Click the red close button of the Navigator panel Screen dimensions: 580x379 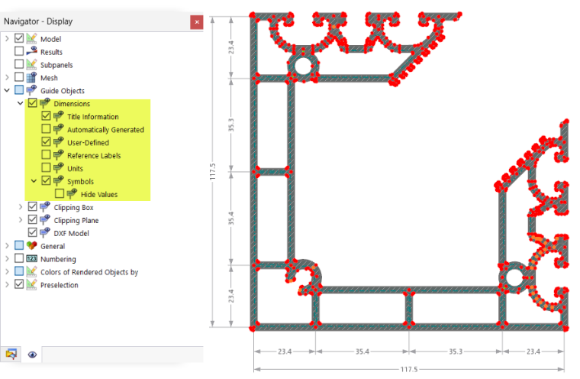pyautogui.click(x=197, y=22)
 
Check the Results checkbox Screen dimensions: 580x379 pyautogui.click(x=19, y=51)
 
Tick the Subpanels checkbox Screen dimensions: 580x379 pyautogui.click(x=19, y=64)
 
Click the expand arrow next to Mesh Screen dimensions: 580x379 pyautogui.click(x=7, y=77)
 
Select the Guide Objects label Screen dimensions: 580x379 pyautogui.click(x=63, y=91)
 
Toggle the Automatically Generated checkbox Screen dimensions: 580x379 pyautogui.click(x=46, y=129)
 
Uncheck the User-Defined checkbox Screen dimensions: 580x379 pyautogui.click(x=46, y=142)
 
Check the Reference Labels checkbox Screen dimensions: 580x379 pyautogui.click(x=46, y=155)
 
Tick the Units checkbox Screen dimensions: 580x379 pyautogui.click(x=46, y=168)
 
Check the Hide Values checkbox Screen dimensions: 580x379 pyautogui.click(x=60, y=194)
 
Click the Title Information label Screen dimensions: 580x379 pyautogui.click(x=93, y=117)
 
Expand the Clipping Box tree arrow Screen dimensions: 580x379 pyautogui.click(x=21, y=207)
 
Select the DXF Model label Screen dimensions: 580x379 pyautogui.click(x=72, y=233)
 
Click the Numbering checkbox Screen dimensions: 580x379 pyautogui.click(x=19, y=258)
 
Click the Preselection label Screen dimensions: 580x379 pyautogui.click(x=60, y=285)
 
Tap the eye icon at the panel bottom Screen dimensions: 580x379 pyautogui.click(x=33, y=355)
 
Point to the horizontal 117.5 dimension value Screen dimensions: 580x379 pyautogui.click(x=409, y=369)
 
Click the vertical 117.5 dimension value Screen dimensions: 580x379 pyautogui.click(x=212, y=172)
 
